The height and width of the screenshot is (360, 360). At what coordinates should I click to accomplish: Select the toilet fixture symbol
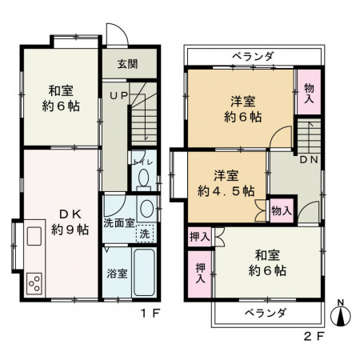tap(142, 176)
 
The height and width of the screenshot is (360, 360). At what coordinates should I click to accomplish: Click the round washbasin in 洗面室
tap(146, 210)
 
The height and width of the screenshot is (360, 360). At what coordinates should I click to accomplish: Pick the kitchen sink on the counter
tap(34, 238)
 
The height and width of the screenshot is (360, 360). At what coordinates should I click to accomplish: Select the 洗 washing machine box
tap(144, 234)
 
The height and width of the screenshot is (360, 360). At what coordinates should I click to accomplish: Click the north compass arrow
tap(342, 314)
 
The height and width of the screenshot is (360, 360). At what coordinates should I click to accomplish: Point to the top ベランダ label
tap(254, 56)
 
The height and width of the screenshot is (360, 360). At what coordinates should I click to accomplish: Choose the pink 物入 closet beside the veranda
tap(306, 94)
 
